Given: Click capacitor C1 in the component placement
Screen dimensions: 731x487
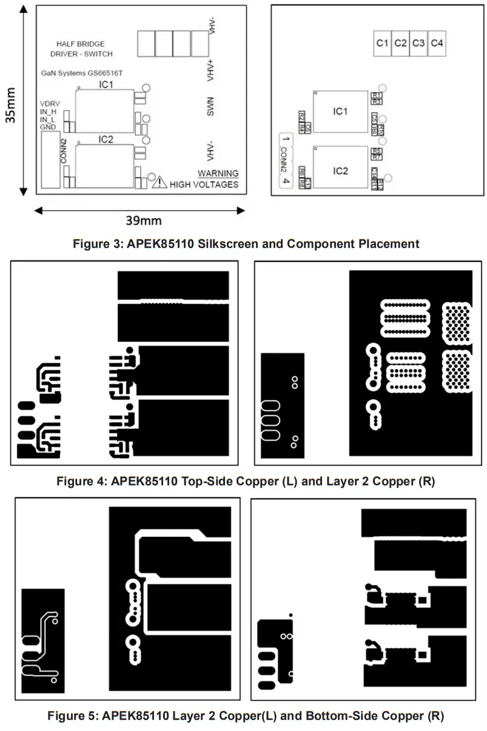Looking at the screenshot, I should [x=381, y=43].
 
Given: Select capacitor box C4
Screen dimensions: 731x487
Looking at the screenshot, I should [x=437, y=43].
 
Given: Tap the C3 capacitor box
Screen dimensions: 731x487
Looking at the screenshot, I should [x=418, y=43].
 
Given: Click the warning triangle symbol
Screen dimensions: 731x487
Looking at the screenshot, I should [x=159, y=182].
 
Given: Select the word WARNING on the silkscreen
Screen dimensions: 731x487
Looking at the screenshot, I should [x=218, y=173].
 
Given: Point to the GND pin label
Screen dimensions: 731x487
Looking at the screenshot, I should [x=48, y=127].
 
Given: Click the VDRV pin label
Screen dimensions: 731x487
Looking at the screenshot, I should [x=50, y=103].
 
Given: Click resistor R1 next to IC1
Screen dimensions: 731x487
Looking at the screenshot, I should [x=377, y=96].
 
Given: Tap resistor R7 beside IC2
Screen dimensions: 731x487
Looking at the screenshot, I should [x=377, y=157].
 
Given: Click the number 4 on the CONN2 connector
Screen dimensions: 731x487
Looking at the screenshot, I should [x=284, y=181].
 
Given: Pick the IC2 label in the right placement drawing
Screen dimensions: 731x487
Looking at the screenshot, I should [x=340, y=171].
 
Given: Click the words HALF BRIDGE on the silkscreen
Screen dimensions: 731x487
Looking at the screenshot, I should [x=81, y=44].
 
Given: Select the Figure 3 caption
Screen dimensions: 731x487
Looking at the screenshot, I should [x=246, y=244].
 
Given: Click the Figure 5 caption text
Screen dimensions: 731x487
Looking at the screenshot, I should [x=246, y=716].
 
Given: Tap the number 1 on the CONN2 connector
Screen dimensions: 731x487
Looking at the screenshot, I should [x=284, y=140].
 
